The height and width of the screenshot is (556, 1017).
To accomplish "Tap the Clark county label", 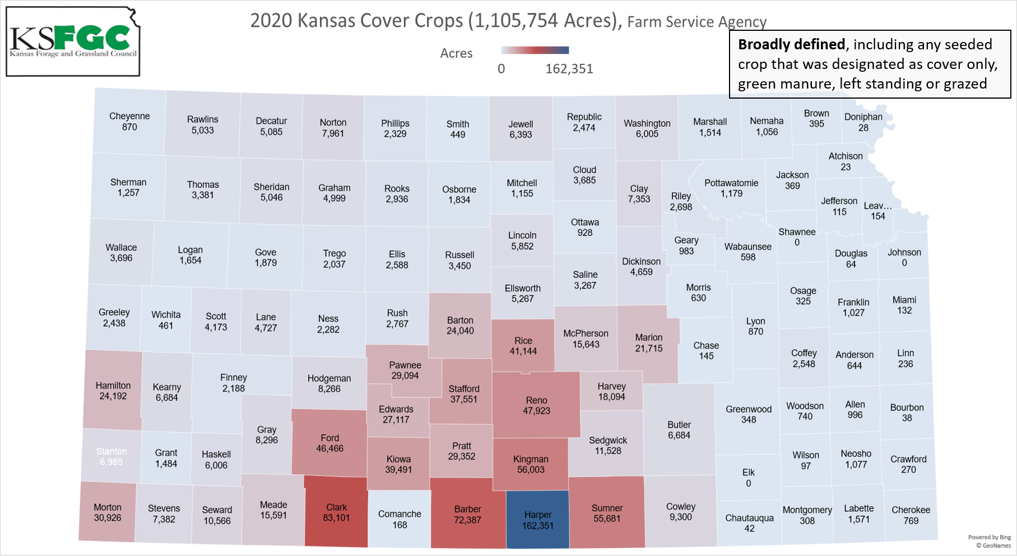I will pos(337,507).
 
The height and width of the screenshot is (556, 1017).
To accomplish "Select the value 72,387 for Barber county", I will pos(467,520).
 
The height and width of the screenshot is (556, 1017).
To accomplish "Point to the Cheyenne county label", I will pos(129,116).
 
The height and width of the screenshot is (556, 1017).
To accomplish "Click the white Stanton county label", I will pos(112,451).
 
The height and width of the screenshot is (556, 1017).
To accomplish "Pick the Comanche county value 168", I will pos(400,525).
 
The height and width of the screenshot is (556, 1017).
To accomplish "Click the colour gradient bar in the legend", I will pos(535,50).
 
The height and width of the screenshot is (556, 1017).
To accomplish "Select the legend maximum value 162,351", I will pos(569,69).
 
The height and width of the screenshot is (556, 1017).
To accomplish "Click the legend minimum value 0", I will pos(501,69).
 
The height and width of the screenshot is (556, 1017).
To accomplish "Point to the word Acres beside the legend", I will pos(456,53).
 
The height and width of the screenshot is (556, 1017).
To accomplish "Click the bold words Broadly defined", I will pos(791,44).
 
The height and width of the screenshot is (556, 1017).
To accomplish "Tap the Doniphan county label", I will pos(863,117).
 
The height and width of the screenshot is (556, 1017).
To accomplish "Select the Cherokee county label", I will pos(911,510).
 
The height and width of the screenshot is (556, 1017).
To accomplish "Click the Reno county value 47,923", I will pos(536,411).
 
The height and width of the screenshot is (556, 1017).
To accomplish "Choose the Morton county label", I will pos(108,507).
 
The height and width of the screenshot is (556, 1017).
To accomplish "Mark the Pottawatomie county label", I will pos(731,183).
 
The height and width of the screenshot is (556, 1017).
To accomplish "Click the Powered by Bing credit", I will pos(989,537).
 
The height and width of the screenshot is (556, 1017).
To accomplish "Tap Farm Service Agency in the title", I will pos(696,22).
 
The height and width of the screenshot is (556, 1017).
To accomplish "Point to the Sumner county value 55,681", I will pos(607,519).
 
